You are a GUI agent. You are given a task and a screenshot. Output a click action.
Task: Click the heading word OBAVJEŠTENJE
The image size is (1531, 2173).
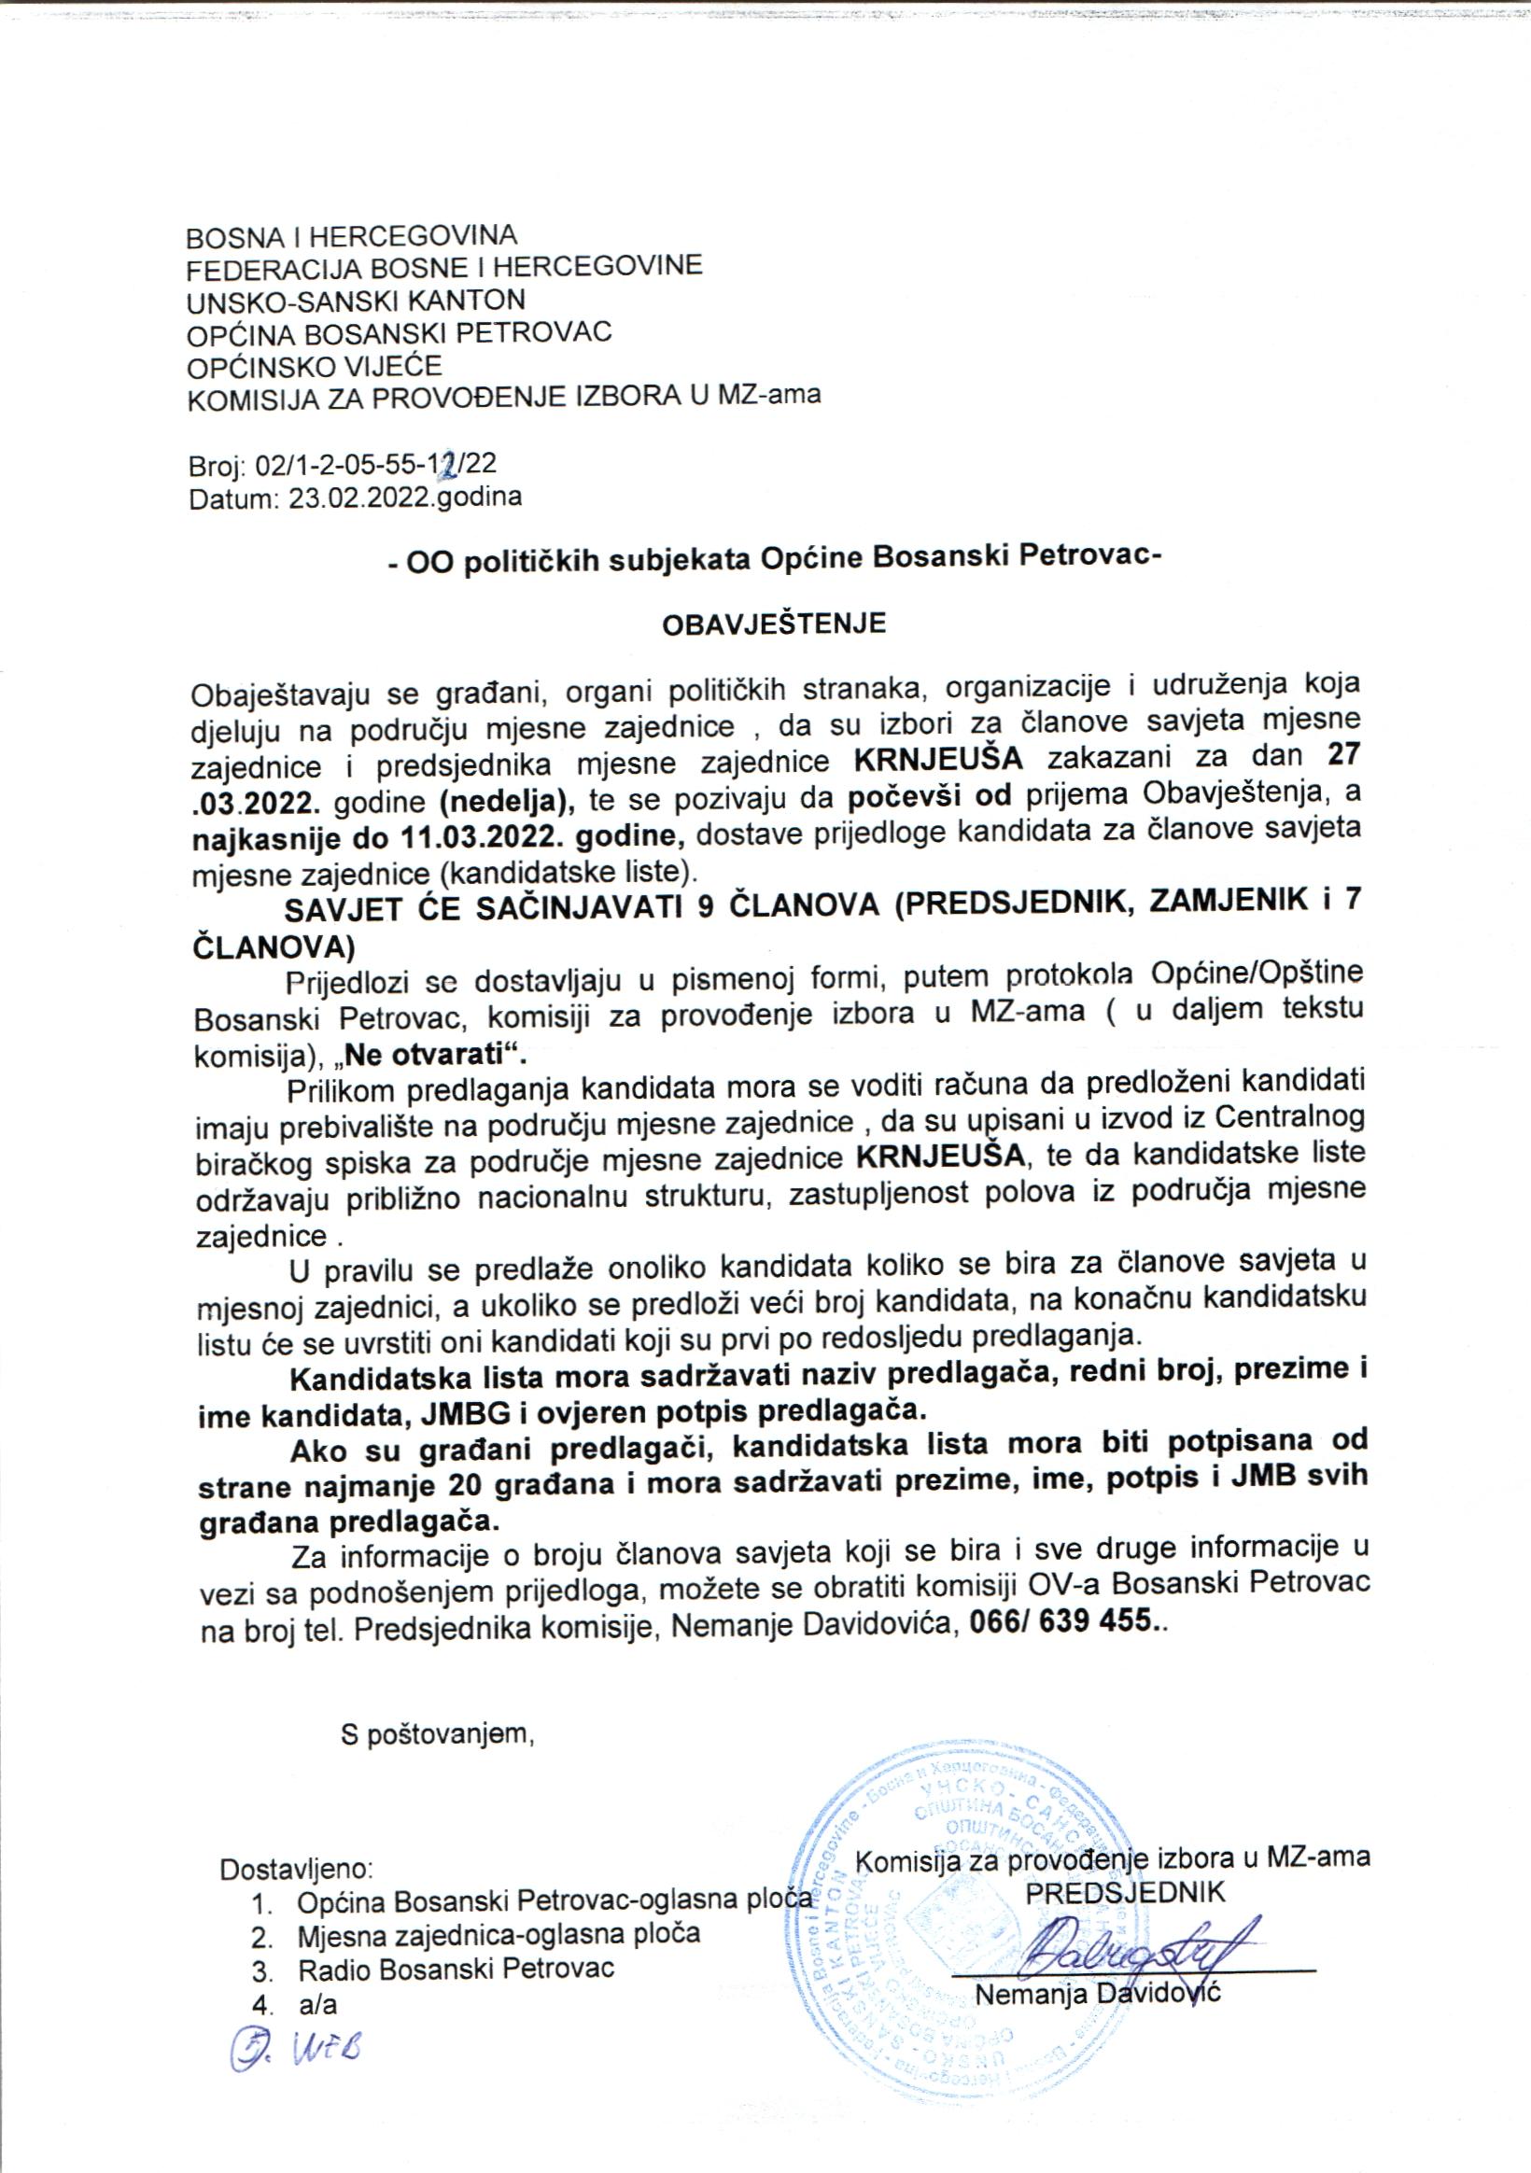coord(773,624)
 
